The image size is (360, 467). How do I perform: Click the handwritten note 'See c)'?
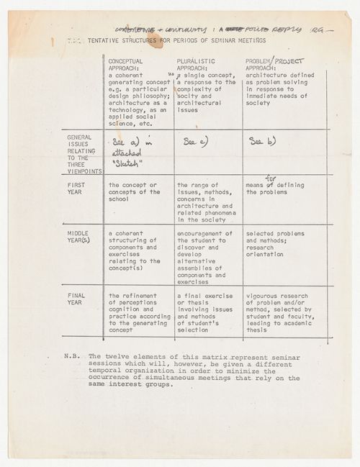click(x=195, y=141)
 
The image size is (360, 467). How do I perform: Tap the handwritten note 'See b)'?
click(x=261, y=141)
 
